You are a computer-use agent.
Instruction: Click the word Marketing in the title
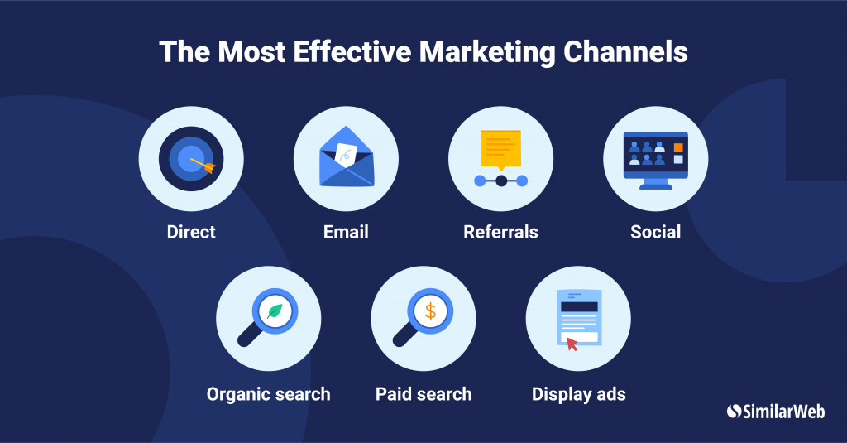point(487,52)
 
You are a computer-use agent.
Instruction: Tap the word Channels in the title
point(625,52)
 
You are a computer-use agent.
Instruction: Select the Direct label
point(191,232)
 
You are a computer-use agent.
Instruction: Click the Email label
point(346,232)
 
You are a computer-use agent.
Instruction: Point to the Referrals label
point(500,232)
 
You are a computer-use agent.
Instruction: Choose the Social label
point(656,232)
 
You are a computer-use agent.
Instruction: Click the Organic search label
point(269,394)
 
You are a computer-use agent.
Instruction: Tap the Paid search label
point(423,394)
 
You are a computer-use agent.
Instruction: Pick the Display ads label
point(578,394)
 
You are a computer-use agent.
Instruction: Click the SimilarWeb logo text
point(783,412)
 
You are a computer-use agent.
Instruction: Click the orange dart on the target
point(203,165)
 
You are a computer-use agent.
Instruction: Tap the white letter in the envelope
point(346,154)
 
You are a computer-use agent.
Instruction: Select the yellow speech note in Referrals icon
point(500,150)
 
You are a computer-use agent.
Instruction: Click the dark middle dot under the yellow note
point(501,181)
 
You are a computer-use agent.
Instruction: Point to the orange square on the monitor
point(678,147)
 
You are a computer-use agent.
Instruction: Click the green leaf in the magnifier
point(275,311)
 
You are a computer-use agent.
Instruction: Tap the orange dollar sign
point(430,311)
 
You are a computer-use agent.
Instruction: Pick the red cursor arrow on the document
point(572,344)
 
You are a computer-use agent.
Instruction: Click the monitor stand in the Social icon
point(656,184)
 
